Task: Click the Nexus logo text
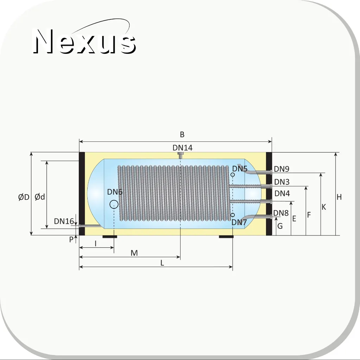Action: (x=84, y=41)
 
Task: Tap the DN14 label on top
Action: (x=183, y=148)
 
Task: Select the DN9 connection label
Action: (x=282, y=169)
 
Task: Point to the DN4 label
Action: (x=282, y=194)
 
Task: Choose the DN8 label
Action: (x=281, y=213)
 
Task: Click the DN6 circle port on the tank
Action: (x=114, y=204)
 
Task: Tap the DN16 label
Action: (x=64, y=221)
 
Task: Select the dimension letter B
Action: (x=182, y=134)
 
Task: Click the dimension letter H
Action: (x=339, y=197)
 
